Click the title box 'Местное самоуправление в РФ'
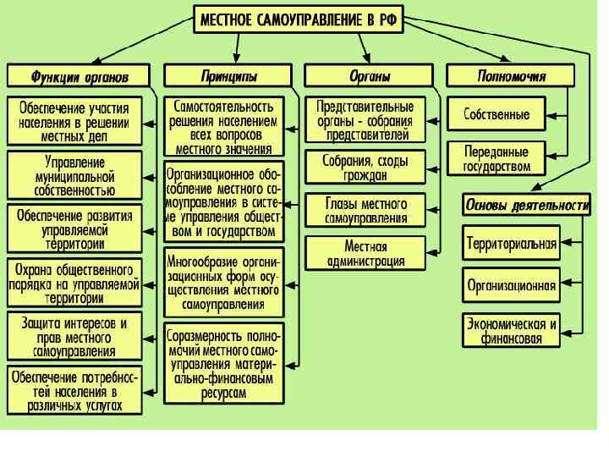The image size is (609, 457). point(297,19)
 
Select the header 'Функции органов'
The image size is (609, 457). point(80,76)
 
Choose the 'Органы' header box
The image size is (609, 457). point(370,76)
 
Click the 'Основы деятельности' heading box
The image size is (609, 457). point(525,204)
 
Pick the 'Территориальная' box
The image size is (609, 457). point(512,245)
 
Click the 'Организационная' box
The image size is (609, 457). point(512,285)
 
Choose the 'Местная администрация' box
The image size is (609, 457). point(365,253)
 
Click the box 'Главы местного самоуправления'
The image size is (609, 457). point(365,211)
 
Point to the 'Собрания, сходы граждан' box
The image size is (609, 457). point(365,168)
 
